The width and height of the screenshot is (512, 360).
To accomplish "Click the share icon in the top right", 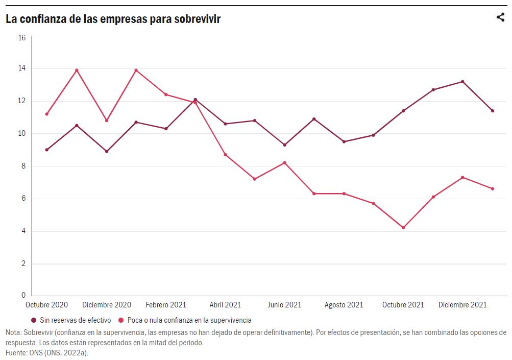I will coord(500,17).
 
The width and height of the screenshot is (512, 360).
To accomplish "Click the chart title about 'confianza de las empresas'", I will coord(113,19).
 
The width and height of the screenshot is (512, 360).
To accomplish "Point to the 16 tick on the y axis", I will coord(22,37).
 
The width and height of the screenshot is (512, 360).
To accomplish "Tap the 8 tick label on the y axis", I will coord(22,166).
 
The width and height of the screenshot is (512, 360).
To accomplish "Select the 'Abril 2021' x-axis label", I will coord(225,305).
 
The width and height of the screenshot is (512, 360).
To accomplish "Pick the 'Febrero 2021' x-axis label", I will coord(166,305).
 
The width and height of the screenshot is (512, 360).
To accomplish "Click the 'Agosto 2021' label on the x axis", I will coord(344,305).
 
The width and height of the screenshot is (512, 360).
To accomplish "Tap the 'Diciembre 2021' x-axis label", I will coord(462,305).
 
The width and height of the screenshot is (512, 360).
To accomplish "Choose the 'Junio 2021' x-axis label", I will coord(284,305).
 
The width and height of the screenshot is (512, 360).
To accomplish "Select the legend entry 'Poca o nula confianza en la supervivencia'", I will coord(189,320).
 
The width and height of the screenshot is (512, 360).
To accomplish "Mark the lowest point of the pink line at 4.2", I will coord(403,228).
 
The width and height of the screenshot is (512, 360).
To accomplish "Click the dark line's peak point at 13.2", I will coord(462,82).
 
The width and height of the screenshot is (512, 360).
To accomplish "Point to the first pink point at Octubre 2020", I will coord(46,114).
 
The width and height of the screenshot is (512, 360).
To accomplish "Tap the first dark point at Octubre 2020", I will coord(46,150).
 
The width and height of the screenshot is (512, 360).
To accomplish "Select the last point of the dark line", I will coord(493,111).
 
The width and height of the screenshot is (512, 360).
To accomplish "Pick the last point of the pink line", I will coord(493,189).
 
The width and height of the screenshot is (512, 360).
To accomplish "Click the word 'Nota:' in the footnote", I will coord(14,332).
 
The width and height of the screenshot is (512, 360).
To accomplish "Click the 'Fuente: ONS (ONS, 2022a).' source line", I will coord(43,352).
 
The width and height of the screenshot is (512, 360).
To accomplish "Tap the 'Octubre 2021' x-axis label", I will coord(403,305).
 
